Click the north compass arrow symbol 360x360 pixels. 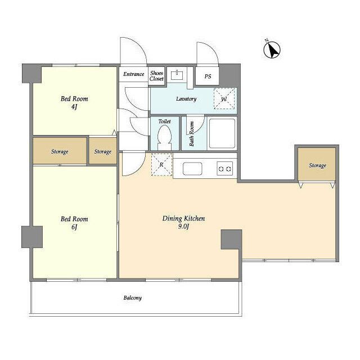(x=272, y=50)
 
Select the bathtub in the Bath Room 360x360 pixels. (x=222, y=133)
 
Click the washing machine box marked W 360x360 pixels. (x=224, y=99)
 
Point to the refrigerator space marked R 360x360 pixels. (x=162, y=165)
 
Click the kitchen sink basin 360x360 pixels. (x=192, y=169)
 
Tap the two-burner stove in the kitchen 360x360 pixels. (x=225, y=169)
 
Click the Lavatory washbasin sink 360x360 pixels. (x=177, y=75)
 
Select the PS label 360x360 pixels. (x=208, y=76)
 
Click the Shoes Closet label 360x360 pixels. (x=156, y=76)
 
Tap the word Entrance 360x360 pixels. (x=134, y=74)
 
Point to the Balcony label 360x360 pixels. (x=133, y=298)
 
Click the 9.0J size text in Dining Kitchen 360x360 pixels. (x=183, y=227)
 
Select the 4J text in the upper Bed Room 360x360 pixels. (x=74, y=107)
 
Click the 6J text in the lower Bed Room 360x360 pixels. (x=74, y=227)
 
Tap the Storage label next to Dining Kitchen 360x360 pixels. (x=317, y=165)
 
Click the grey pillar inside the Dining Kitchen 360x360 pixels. (x=231, y=240)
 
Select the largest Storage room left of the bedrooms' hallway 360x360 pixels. (x=60, y=151)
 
